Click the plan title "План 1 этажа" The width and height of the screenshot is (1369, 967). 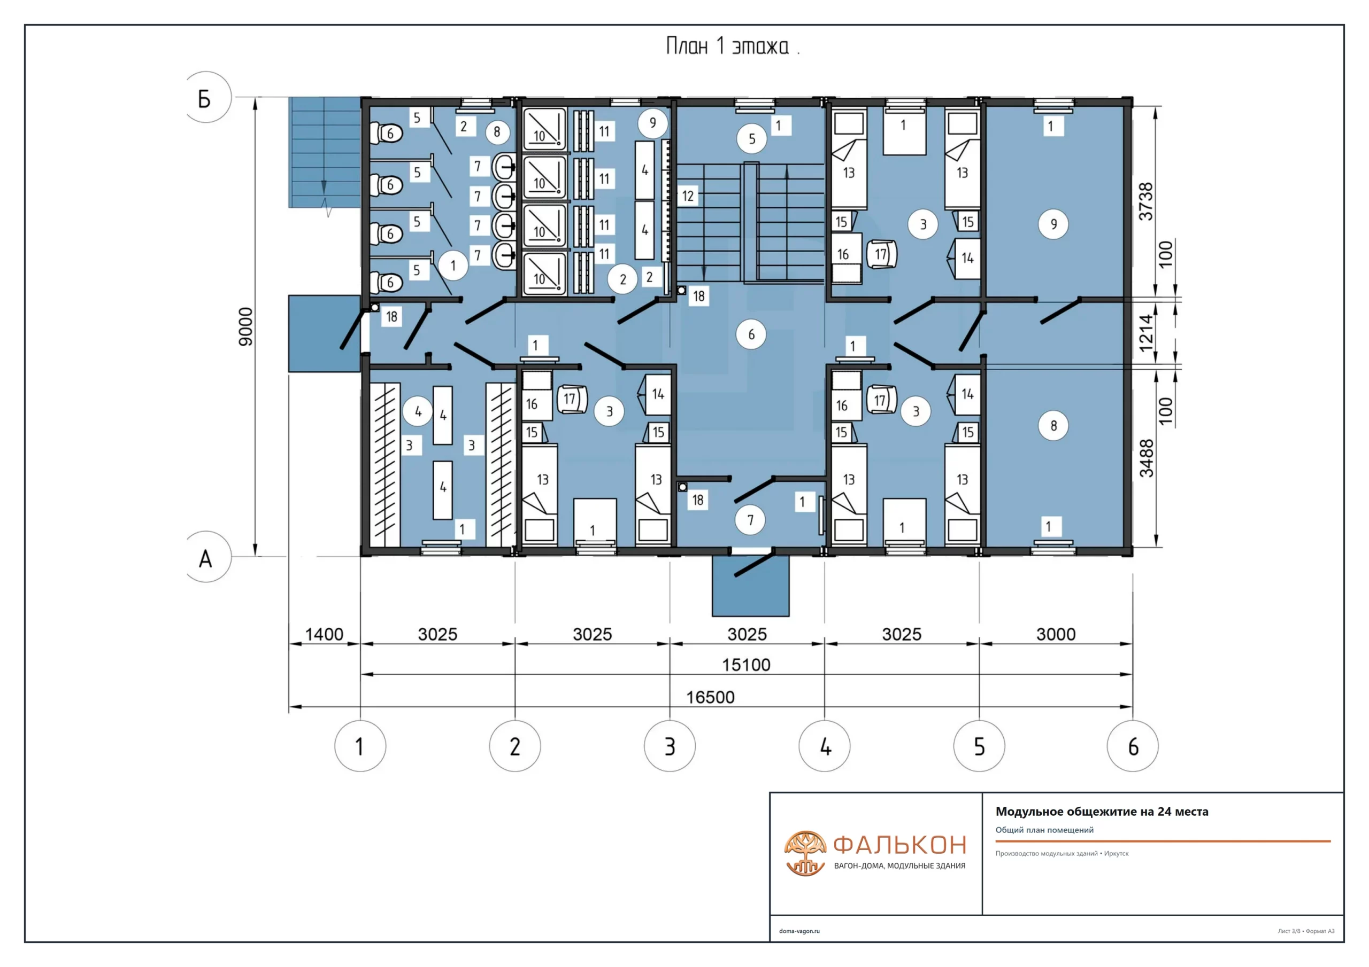coord(727,46)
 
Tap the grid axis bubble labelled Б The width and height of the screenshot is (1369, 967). coord(206,98)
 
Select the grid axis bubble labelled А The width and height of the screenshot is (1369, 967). coord(206,557)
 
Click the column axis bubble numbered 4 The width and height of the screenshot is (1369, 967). coord(825,746)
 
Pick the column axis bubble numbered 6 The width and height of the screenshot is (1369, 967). coord(1132,746)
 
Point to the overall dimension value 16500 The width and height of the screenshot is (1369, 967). coord(710,697)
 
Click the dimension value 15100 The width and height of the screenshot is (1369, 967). coord(746,665)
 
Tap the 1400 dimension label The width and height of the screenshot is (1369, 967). coord(325,635)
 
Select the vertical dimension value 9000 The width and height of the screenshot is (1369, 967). coord(245,326)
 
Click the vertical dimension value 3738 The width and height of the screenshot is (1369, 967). coord(1146,201)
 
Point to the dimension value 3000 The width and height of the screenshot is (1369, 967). coord(1056,635)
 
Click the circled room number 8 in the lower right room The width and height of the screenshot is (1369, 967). coord(1053,425)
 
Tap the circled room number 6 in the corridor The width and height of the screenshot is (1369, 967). coord(751,334)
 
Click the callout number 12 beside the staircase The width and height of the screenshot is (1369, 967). coord(688,196)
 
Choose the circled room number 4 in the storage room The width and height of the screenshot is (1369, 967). coord(418,411)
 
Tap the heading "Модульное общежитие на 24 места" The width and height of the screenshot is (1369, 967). coord(1102,812)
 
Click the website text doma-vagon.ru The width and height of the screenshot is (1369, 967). coord(799,931)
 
